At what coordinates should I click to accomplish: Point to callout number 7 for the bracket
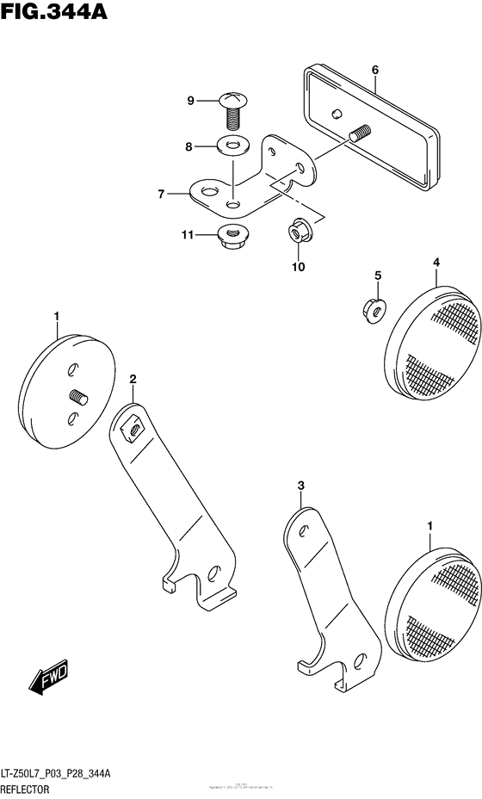coord(161,195)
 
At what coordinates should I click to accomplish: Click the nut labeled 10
coord(298,231)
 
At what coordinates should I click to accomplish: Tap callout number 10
coord(297,266)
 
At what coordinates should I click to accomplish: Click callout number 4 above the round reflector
coord(436,262)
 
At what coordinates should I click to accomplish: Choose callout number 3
coord(301,486)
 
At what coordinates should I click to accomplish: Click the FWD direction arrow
coord(46,675)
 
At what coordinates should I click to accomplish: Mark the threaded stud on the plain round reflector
coord(80,398)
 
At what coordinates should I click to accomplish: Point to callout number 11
coord(185,234)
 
